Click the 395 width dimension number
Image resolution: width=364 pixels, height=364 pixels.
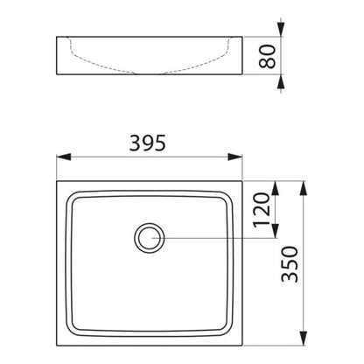[148, 143]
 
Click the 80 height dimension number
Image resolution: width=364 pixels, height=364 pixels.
[267, 56]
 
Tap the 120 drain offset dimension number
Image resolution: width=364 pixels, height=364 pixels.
[262, 210]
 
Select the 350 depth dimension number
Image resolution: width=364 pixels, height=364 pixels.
[290, 264]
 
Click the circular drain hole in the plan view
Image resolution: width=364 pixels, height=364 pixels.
[150, 238]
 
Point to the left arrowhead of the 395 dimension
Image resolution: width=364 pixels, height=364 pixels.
[64, 157]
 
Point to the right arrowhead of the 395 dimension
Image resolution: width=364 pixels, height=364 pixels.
[235, 157]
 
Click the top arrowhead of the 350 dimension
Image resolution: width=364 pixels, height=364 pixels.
[304, 188]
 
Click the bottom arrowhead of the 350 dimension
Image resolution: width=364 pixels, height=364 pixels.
[304, 339]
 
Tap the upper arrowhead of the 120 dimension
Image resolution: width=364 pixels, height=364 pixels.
[275, 188]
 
